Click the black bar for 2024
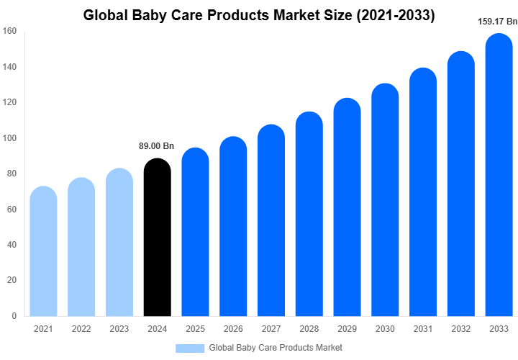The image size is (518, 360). click(x=158, y=238)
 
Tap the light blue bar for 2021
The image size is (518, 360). click(x=43, y=252)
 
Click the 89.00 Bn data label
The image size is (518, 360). click(x=157, y=146)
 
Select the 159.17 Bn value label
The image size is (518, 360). click(x=498, y=22)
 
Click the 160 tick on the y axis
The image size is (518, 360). click(x=9, y=32)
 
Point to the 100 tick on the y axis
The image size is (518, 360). click(x=9, y=138)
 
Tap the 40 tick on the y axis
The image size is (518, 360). click(x=12, y=245)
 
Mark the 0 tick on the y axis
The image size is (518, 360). click(x=14, y=316)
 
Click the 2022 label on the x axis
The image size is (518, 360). click(x=81, y=329)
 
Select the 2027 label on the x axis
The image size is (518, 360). click(x=271, y=329)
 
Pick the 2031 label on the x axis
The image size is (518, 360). click(x=422, y=329)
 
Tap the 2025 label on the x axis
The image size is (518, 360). click(x=195, y=329)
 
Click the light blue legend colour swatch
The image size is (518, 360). click(x=190, y=348)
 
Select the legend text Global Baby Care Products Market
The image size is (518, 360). click(x=276, y=348)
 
